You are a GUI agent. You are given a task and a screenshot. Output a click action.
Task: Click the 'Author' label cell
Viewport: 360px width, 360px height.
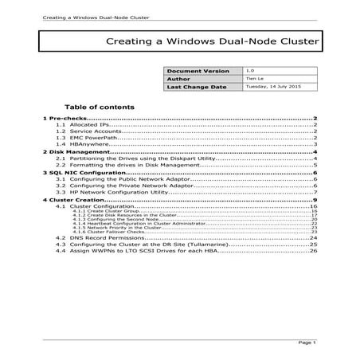(x=179, y=79)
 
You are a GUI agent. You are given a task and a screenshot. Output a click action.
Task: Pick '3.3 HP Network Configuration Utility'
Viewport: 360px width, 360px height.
(x=119, y=192)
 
